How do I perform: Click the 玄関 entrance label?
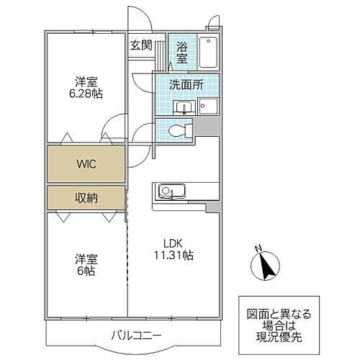[x=140, y=45]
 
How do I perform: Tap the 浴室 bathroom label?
[x=182, y=53]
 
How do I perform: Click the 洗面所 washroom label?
[x=186, y=84]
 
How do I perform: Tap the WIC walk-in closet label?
[x=87, y=163]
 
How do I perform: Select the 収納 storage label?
[x=87, y=197]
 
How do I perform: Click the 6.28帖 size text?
[x=87, y=93]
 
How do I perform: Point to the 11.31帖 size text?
[x=172, y=255]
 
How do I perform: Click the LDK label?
[x=172, y=243]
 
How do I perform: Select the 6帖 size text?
[x=87, y=271]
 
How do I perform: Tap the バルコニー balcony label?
[x=136, y=335]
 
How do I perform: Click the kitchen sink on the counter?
[x=167, y=191]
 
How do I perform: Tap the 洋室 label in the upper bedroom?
[x=87, y=81]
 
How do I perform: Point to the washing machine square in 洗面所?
[x=208, y=107]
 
